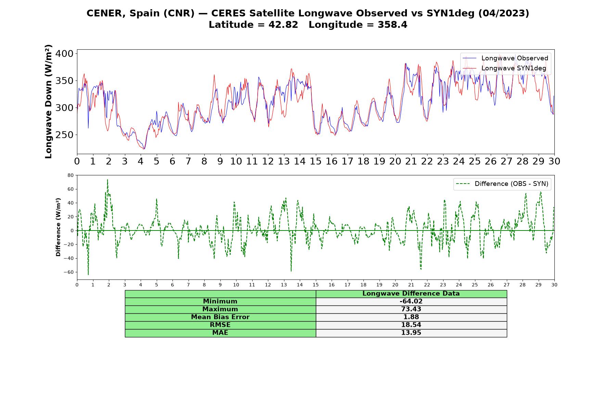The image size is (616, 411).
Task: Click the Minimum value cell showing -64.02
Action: [x=411, y=301]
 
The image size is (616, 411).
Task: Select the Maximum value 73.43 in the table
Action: [x=411, y=309]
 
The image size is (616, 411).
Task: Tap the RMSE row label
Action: [x=220, y=325]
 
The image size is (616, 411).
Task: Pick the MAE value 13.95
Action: [x=411, y=333]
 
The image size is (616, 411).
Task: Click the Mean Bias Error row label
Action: [x=220, y=317]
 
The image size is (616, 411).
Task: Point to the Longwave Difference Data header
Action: [x=411, y=294]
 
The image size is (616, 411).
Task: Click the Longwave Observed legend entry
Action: [x=505, y=58]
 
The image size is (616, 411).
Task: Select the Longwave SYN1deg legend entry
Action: [x=504, y=68]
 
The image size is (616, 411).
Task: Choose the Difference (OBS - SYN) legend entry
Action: [x=502, y=184]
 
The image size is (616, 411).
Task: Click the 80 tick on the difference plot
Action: [x=70, y=175]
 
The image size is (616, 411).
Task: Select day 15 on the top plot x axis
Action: [x=316, y=161]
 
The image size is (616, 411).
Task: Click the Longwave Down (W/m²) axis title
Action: [x=49, y=101]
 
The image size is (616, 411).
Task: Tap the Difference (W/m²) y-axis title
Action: [x=58, y=227]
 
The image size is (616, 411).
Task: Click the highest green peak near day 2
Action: [x=107, y=179]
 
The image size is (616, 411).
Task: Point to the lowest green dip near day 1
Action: [x=88, y=274]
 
